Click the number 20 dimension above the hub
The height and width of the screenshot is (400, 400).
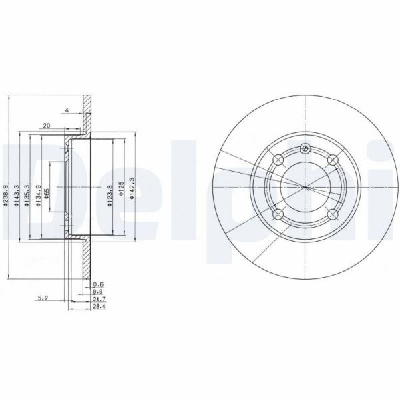47,124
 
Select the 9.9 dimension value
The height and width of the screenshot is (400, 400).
97,292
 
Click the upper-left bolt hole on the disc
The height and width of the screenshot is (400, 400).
278,160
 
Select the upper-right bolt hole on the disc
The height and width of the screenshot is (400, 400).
332,159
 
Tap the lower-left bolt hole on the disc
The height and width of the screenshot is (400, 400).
278,214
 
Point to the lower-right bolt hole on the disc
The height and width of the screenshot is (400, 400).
332,214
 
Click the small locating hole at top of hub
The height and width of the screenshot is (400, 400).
305,148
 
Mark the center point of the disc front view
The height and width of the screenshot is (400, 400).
305,186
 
